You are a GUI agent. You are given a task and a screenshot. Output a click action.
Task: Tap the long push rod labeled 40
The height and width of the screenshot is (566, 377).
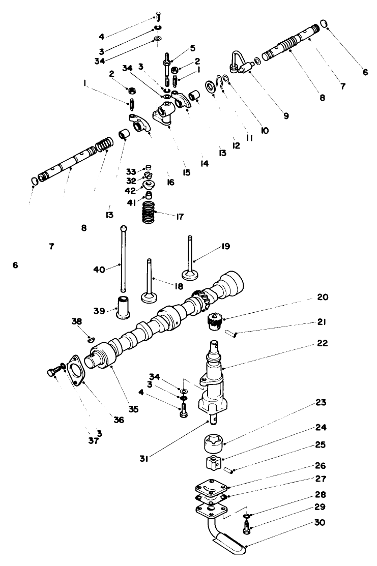(x=124, y=259)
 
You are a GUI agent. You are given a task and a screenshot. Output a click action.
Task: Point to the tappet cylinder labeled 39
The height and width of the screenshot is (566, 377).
(x=124, y=308)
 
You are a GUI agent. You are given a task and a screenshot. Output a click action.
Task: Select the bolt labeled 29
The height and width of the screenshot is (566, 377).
(x=246, y=527)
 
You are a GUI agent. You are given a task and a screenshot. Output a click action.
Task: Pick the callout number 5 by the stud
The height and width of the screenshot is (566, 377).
(x=193, y=49)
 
